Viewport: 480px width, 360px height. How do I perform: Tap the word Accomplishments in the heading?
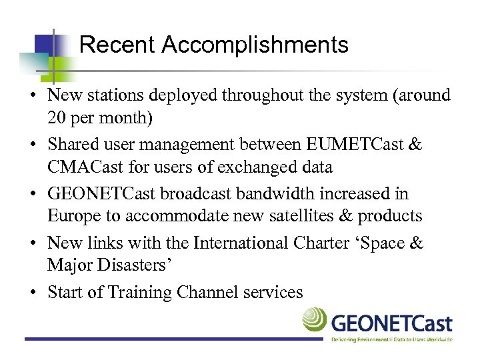pos(255,45)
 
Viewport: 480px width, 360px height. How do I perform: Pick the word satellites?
pos(301,217)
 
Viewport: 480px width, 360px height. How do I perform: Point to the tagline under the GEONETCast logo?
pos(392,339)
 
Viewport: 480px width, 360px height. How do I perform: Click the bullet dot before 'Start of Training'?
pos(32,293)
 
